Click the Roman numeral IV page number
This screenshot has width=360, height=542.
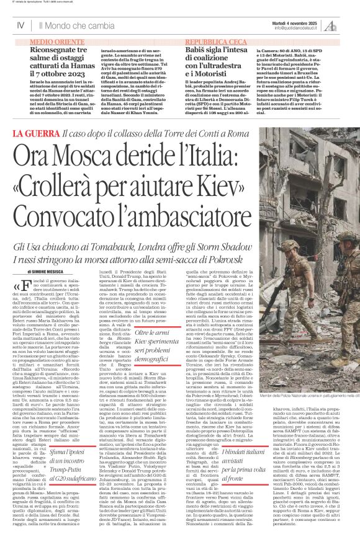point(20,25)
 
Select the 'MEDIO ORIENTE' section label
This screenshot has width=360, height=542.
point(54,39)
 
